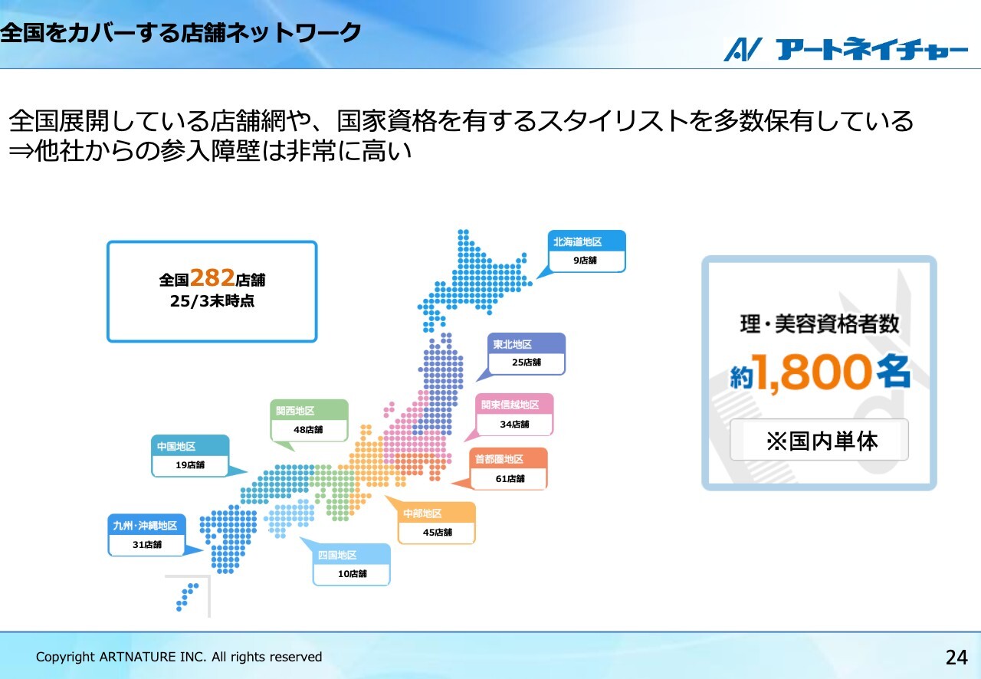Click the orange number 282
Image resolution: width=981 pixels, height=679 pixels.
tap(212, 277)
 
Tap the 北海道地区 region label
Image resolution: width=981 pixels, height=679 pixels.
tap(578, 242)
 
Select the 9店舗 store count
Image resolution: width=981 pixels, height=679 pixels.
tap(585, 261)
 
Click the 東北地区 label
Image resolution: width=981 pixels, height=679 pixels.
tap(513, 344)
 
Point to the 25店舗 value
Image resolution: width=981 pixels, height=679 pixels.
tap(527, 362)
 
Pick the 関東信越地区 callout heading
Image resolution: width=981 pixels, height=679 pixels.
tap(510, 405)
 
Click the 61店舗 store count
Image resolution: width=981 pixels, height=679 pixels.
tap(510, 479)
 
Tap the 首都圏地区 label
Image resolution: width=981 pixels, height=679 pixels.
tap(499, 459)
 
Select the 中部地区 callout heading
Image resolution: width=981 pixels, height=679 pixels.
tap(422, 513)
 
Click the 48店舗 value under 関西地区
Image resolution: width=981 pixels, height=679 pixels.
tap(308, 430)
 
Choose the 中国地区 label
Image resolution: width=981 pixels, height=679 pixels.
tap(176, 446)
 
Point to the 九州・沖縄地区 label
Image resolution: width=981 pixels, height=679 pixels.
tap(145, 525)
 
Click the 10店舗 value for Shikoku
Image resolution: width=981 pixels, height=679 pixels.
tap(352, 574)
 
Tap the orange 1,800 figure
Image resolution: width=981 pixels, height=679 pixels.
tap(813, 372)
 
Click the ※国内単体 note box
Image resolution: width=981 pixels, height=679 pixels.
tap(819, 439)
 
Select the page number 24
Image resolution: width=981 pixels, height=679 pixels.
tap(956, 658)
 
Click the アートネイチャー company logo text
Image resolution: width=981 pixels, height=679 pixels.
tap(871, 49)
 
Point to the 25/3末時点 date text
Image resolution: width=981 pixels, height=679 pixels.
tap(212, 301)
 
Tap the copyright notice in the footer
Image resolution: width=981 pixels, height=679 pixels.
tap(179, 657)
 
